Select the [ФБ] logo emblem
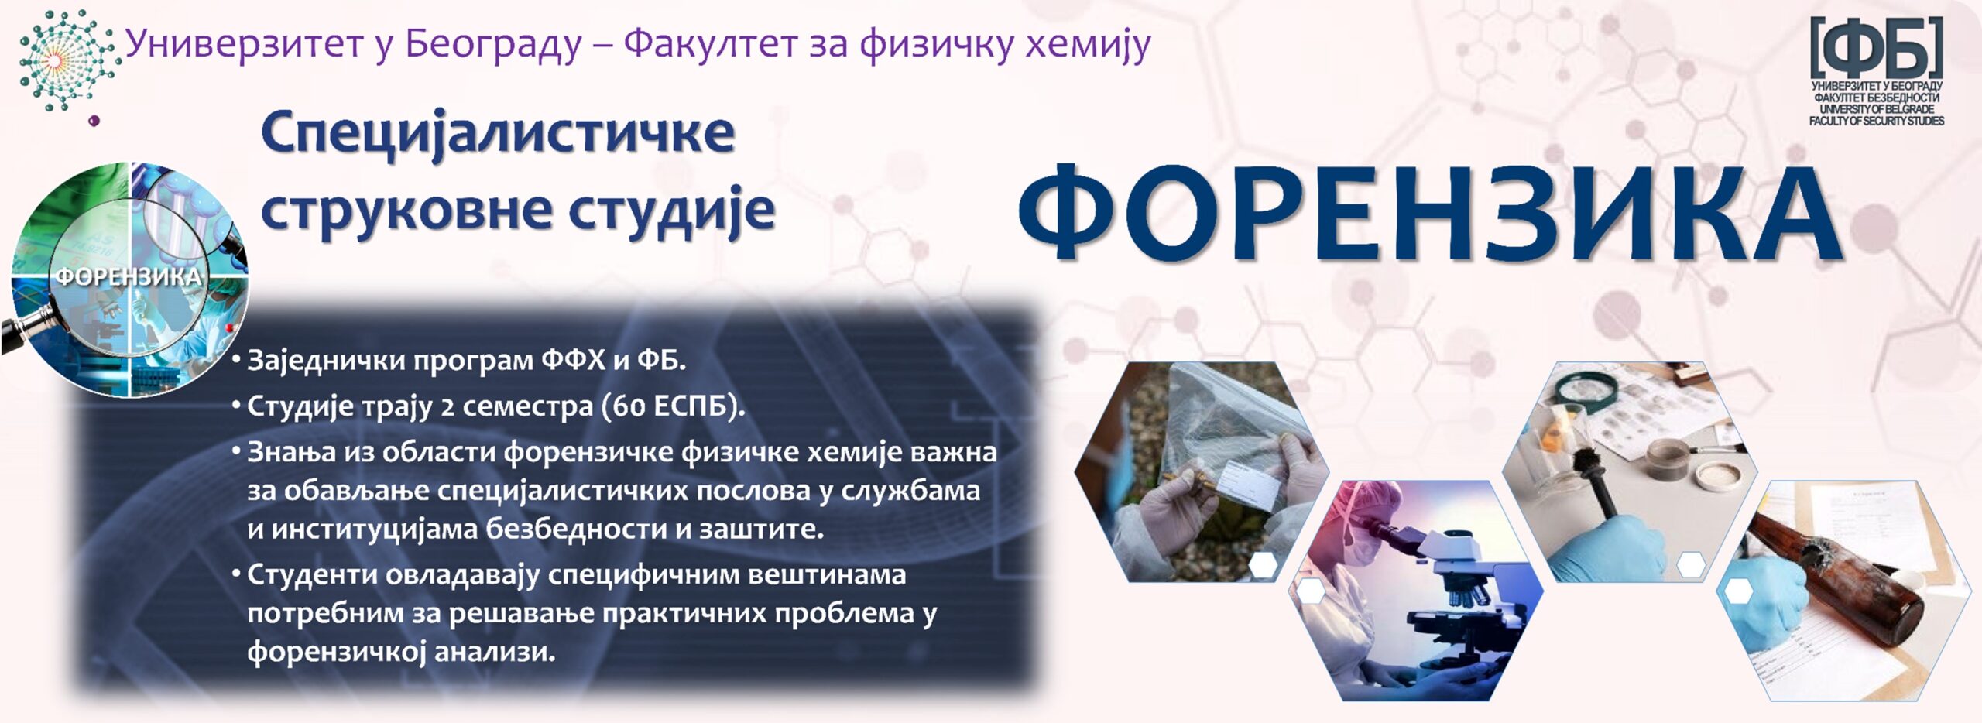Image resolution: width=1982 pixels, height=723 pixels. click(x=1876, y=48)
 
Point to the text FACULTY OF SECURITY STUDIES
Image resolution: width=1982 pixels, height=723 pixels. click(x=1876, y=121)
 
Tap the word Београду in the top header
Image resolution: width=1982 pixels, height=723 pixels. click(x=493, y=44)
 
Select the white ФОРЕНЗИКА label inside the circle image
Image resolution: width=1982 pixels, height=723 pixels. click(x=128, y=276)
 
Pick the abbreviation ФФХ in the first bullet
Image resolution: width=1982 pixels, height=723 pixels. click(x=574, y=360)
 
